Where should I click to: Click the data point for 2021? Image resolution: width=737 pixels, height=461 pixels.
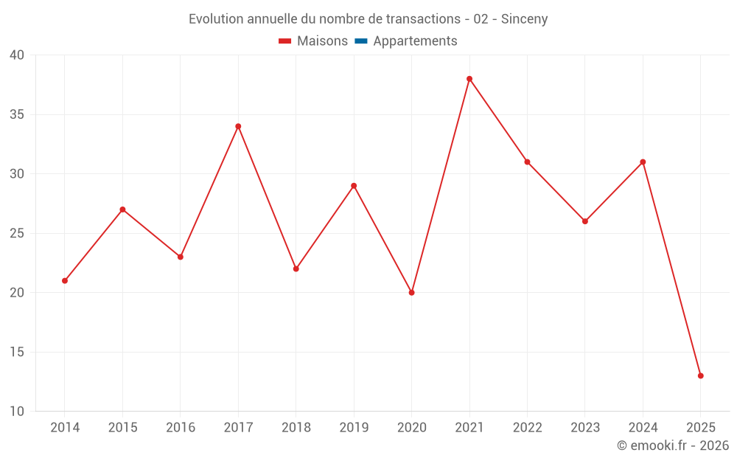(x=469, y=79)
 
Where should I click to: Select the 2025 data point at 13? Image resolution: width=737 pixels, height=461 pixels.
(x=700, y=375)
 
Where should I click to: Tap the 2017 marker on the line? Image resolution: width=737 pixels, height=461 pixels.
(x=238, y=126)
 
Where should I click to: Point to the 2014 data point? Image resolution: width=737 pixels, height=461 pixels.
(x=65, y=280)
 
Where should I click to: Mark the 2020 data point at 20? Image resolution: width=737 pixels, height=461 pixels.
(x=411, y=293)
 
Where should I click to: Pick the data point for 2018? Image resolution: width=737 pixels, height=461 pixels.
(x=296, y=268)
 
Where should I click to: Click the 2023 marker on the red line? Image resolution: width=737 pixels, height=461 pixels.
(x=585, y=221)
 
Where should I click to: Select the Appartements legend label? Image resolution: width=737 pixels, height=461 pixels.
(x=415, y=41)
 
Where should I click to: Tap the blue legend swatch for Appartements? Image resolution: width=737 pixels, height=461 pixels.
(x=361, y=41)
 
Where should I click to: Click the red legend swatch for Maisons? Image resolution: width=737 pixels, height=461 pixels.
(x=285, y=41)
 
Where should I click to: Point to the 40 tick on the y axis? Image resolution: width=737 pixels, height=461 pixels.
(x=17, y=55)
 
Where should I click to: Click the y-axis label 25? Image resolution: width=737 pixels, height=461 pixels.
(x=17, y=234)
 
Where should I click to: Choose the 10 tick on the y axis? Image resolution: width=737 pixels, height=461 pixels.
(x=17, y=412)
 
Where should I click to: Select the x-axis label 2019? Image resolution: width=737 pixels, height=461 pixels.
(x=354, y=428)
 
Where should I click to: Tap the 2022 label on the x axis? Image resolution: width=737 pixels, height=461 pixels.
(x=527, y=428)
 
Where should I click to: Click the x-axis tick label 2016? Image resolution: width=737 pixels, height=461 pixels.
(x=181, y=428)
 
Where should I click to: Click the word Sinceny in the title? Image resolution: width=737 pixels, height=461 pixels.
(x=524, y=19)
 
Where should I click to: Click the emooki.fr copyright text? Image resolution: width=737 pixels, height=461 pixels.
(x=673, y=446)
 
